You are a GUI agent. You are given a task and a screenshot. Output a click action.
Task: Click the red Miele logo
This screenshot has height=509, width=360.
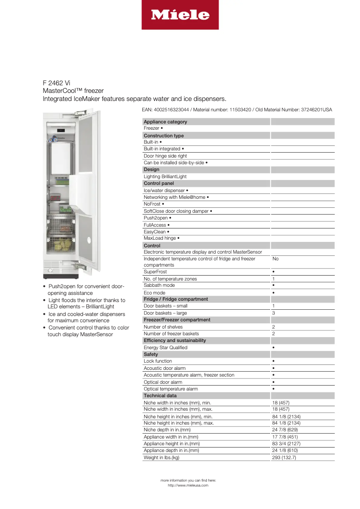coord(180,15)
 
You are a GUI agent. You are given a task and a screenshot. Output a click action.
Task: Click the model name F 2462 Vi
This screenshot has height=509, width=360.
coord(57,83)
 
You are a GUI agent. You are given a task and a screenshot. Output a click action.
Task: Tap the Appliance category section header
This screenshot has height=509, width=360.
coord(165,122)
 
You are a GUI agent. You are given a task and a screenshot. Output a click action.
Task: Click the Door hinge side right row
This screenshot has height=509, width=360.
coord(165,156)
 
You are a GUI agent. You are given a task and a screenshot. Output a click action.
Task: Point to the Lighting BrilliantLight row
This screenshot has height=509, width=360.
coord(165,176)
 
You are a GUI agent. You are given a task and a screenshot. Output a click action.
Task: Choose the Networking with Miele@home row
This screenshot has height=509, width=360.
coord(176,197)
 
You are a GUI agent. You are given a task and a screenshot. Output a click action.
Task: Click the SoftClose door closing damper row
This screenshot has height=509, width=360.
coord(178,211)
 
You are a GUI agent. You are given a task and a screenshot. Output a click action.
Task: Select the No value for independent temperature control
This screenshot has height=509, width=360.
coord(275,259)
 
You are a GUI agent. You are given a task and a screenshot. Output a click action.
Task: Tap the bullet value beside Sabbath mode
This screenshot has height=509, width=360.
coord(273,285)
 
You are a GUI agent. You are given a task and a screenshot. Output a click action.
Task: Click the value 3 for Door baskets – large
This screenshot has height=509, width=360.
coord(273,313)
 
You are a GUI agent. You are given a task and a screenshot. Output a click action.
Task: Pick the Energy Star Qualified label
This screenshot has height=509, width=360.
coord(165,347)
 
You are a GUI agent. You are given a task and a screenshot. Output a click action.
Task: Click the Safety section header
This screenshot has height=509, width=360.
coord(151,354)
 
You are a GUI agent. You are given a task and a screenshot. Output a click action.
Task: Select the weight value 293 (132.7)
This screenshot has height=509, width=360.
coord(284,457)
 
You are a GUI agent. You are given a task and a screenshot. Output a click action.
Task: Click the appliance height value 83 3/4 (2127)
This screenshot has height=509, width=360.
coord(286,443)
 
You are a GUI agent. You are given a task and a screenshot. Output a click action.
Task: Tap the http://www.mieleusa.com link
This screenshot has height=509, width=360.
coord(188,485)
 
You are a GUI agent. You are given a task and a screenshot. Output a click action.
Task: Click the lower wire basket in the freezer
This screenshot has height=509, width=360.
coord(62,245)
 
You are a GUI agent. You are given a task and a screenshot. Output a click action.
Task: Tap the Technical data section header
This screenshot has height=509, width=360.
coord(160,395)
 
